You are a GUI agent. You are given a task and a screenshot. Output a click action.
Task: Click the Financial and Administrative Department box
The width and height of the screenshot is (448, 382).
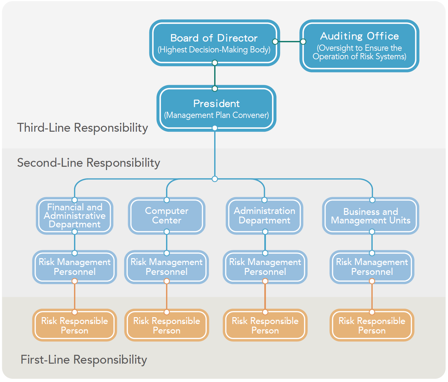75,216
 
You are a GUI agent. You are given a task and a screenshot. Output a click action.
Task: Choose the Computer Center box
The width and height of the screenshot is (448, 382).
167,216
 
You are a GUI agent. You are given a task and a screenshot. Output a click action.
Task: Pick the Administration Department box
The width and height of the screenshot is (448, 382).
265,216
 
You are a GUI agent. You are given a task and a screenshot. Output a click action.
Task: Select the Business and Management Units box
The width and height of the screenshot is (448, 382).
371,216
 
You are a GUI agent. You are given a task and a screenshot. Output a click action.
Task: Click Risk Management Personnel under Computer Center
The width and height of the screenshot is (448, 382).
167,267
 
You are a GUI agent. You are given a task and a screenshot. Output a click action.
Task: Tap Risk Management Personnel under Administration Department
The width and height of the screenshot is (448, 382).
265,267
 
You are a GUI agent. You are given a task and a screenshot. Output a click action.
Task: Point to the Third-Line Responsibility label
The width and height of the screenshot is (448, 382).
83,128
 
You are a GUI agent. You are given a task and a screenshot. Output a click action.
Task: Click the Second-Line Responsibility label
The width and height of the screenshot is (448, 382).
88,163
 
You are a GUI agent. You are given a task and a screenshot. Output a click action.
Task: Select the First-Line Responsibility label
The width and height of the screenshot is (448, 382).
84,360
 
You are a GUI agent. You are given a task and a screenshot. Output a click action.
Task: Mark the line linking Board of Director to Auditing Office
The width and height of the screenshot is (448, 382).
289,42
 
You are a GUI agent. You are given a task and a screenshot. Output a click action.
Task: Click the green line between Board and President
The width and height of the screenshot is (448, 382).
215,76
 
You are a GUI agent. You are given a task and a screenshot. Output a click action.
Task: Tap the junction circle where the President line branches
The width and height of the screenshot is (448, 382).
215,179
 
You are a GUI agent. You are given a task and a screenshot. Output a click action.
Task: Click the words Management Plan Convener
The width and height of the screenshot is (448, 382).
216,115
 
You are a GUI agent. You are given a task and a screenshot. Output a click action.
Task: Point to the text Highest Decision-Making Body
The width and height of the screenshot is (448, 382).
214,50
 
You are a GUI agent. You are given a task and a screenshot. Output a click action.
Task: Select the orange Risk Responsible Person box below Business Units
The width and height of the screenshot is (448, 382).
372,325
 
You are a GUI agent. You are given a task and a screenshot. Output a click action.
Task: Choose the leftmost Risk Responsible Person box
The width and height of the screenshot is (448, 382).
75,325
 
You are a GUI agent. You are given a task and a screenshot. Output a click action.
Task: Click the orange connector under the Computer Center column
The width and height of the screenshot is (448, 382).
167,296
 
